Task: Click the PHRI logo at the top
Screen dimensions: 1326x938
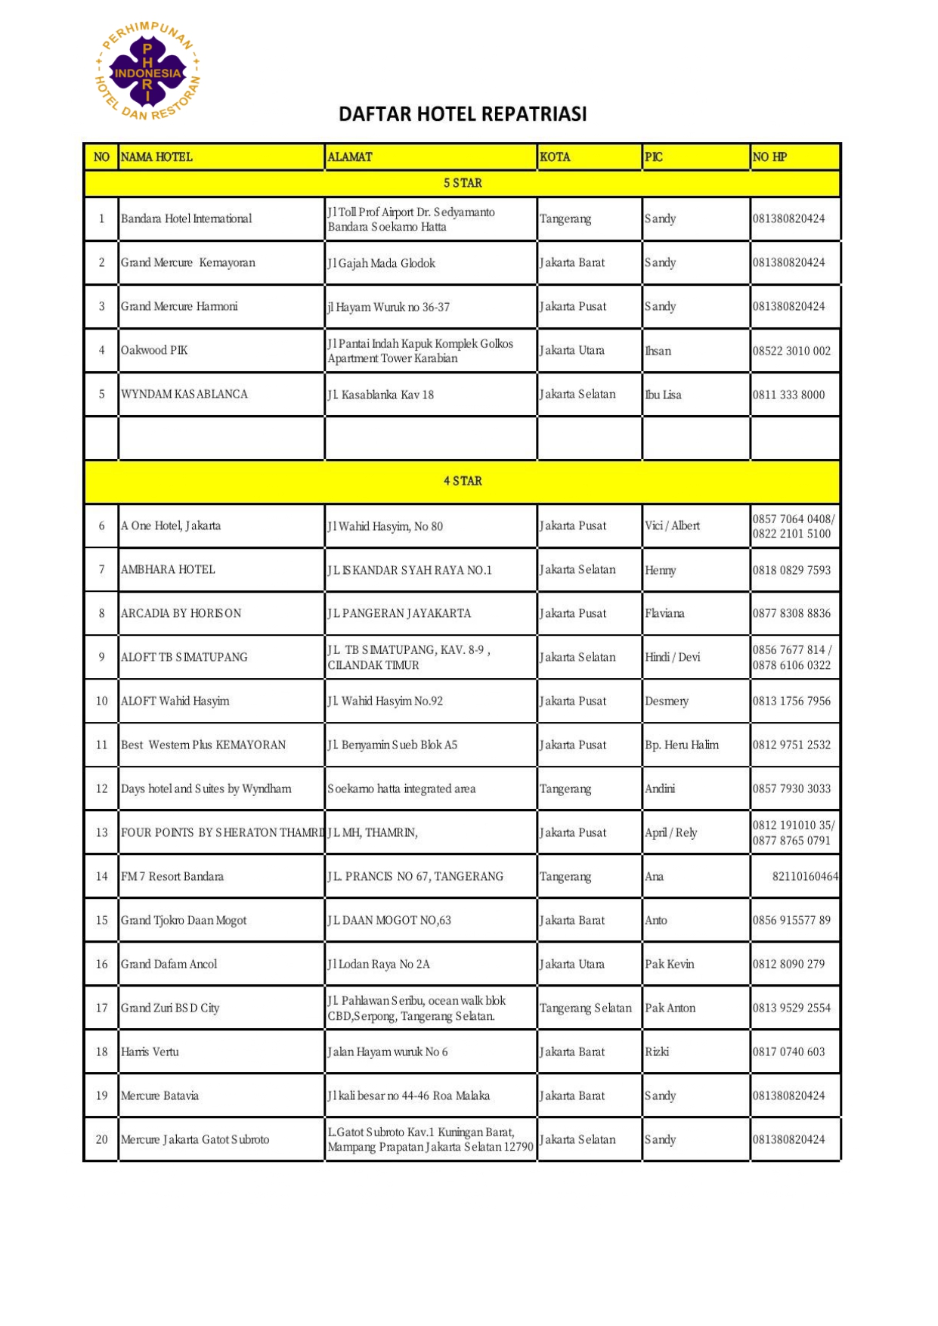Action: (147, 73)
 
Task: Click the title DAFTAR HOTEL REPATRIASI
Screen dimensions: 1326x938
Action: (463, 114)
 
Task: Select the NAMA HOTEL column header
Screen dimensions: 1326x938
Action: (157, 157)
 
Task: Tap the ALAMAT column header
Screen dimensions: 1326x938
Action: (350, 157)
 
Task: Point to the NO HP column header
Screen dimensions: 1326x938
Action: (769, 157)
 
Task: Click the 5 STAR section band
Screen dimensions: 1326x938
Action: (463, 183)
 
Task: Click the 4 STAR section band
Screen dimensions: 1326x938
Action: (463, 481)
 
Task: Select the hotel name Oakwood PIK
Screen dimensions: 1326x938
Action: (154, 350)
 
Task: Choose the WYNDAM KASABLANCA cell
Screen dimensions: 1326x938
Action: (184, 394)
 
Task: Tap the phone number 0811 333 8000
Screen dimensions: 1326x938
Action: (788, 395)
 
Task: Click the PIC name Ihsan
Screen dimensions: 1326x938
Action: (658, 351)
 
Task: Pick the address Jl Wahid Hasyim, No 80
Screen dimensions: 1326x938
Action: (385, 526)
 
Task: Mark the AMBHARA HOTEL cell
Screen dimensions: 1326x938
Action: (168, 569)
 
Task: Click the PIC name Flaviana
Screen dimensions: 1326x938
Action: (664, 613)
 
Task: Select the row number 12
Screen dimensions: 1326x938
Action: (102, 788)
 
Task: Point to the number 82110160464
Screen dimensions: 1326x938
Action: (805, 876)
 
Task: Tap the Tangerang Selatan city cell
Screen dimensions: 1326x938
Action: (586, 1008)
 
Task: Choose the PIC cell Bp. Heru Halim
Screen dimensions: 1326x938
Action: (682, 745)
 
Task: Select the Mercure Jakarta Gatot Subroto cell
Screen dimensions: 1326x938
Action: (195, 1139)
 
